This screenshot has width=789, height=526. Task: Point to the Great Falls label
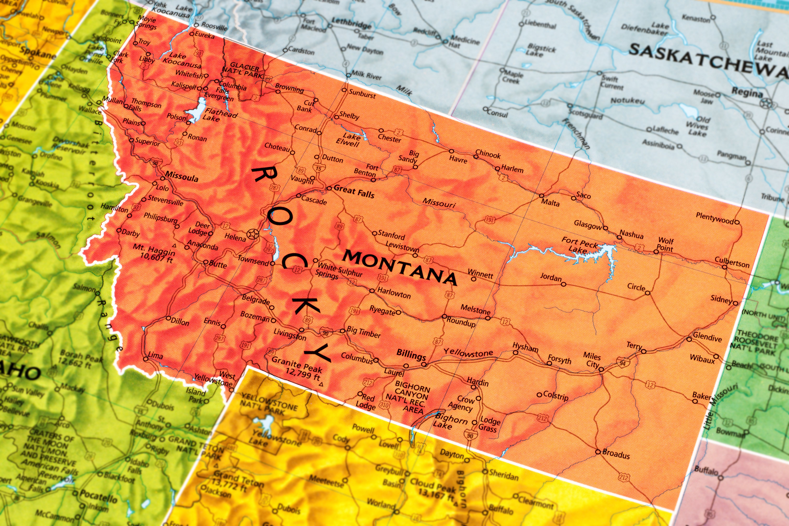click(x=354, y=192)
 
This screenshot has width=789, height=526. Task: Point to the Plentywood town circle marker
click(x=737, y=222)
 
